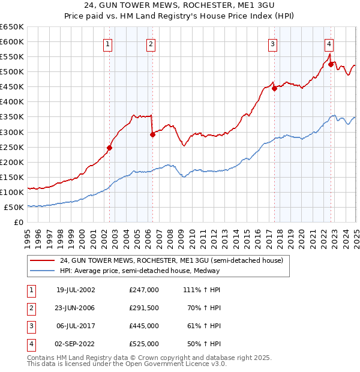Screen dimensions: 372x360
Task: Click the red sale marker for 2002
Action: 110,148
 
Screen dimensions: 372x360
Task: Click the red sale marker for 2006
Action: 152,134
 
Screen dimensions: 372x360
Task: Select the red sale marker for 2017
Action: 274,88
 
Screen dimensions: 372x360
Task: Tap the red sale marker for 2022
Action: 331,64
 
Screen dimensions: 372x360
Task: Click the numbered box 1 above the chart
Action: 107,43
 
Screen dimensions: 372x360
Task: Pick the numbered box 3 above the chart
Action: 272,43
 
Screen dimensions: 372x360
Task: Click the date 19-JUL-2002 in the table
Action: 76,290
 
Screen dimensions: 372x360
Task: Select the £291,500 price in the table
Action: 144,308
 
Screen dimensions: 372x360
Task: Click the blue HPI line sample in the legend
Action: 43,271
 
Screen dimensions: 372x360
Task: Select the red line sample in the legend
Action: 43,260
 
